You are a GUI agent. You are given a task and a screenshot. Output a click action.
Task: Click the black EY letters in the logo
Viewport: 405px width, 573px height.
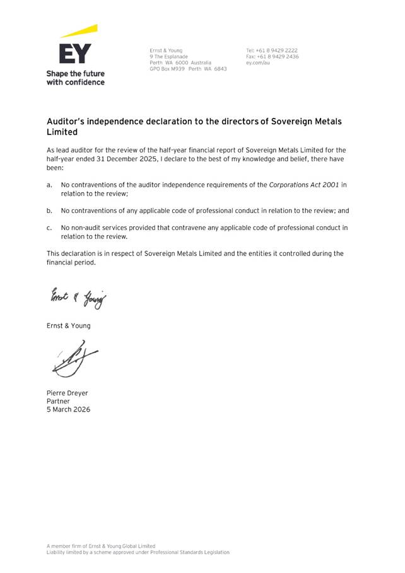75,53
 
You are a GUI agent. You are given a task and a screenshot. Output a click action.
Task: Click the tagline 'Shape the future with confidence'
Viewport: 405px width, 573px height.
75,78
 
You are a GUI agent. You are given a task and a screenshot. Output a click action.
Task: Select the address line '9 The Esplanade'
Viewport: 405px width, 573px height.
168,57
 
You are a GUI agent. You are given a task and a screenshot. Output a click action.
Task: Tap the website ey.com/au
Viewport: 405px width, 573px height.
257,63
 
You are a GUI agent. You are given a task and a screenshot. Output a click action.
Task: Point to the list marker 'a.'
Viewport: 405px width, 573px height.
49,185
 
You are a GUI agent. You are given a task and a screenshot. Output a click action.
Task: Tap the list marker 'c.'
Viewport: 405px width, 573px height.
49,228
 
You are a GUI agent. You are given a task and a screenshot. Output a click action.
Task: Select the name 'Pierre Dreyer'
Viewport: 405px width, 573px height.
67,393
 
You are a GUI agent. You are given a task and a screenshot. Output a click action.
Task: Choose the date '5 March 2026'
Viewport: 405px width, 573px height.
68,409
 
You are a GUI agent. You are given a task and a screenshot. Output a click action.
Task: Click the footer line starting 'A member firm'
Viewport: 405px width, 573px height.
101,546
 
